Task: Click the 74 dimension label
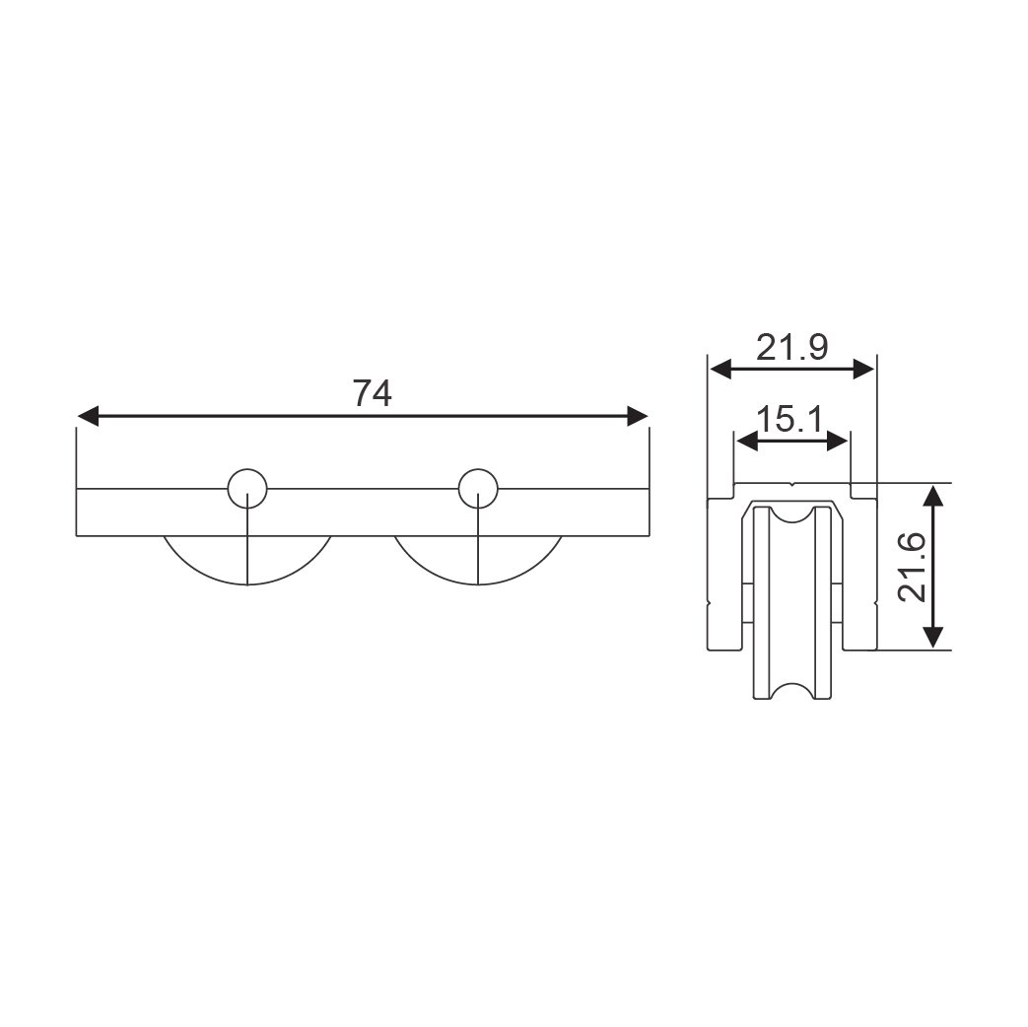point(373,393)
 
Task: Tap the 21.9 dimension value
point(792,347)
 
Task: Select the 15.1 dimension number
point(789,419)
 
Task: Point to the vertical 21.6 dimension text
point(912,567)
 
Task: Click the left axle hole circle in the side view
point(247,469)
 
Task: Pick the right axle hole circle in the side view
point(478,469)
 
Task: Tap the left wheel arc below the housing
point(247,583)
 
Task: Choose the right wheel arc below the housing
point(478,583)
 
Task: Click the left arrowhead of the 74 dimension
point(88,416)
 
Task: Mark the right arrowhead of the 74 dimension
point(638,416)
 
